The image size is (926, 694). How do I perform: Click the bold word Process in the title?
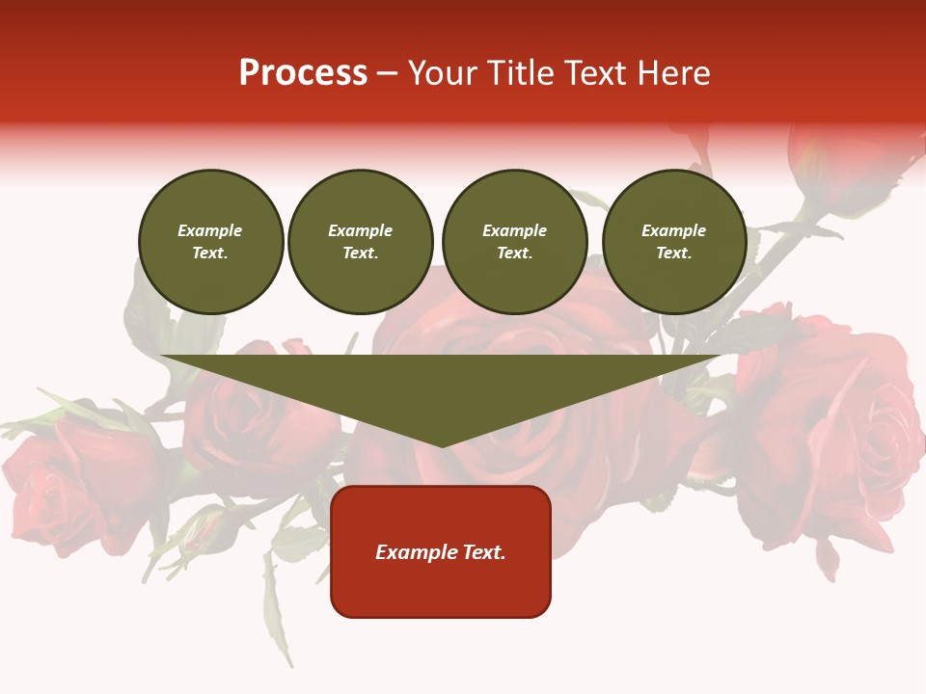[x=303, y=73]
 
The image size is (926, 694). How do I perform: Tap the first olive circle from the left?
[x=211, y=242]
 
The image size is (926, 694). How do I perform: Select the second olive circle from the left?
[x=361, y=242]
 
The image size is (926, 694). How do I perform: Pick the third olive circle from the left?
[x=515, y=242]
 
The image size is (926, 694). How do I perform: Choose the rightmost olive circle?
[x=674, y=242]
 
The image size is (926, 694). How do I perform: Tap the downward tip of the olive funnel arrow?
[x=442, y=443]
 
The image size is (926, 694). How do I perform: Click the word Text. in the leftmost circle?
[x=210, y=254]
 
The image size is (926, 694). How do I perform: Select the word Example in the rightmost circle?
[x=674, y=230]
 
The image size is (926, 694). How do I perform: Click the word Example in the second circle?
[x=361, y=230]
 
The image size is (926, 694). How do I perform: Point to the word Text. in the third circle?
[x=515, y=254]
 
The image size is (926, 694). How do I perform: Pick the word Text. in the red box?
[x=483, y=552]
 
